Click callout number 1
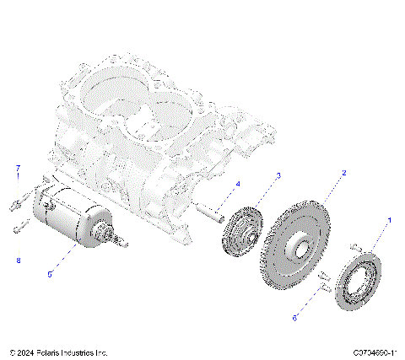point(389,218)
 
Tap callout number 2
point(343,172)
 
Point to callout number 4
point(237,184)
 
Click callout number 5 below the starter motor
point(49,274)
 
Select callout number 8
point(18,261)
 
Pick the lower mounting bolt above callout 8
point(19,225)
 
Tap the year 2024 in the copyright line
point(26,352)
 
